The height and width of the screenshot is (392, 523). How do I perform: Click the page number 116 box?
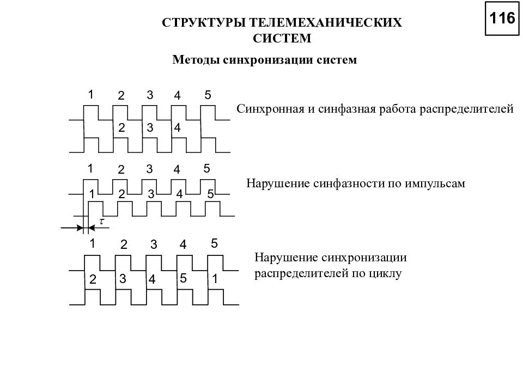pyautogui.click(x=502, y=19)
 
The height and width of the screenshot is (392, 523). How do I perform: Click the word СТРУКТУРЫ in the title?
pyautogui.click(x=204, y=23)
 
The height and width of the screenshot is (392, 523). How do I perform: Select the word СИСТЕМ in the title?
pyautogui.click(x=282, y=38)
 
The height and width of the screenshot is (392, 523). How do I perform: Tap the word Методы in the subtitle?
pyautogui.click(x=196, y=60)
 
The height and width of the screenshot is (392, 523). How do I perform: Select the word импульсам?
pyautogui.click(x=435, y=183)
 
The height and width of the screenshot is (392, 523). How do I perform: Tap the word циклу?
pyautogui.click(x=386, y=274)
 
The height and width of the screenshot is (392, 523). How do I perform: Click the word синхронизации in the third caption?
pyautogui.click(x=364, y=258)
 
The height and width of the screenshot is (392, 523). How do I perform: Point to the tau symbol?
pyautogui.click(x=102, y=220)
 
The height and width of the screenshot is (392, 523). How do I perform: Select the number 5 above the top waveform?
pyautogui.click(x=208, y=95)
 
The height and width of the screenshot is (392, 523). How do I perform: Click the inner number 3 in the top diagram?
pyautogui.click(x=150, y=127)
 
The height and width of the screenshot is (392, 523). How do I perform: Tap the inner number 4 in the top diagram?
pyautogui.click(x=177, y=127)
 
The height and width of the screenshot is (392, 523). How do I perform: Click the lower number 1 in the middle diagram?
pyautogui.click(x=92, y=194)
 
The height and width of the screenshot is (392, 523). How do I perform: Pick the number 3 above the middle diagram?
pyautogui.click(x=149, y=169)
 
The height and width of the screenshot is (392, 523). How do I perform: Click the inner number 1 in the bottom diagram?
pyautogui.click(x=215, y=279)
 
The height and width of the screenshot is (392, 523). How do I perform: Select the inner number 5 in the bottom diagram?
pyautogui.click(x=183, y=278)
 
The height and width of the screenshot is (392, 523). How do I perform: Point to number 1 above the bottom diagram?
pyautogui.click(x=93, y=243)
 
